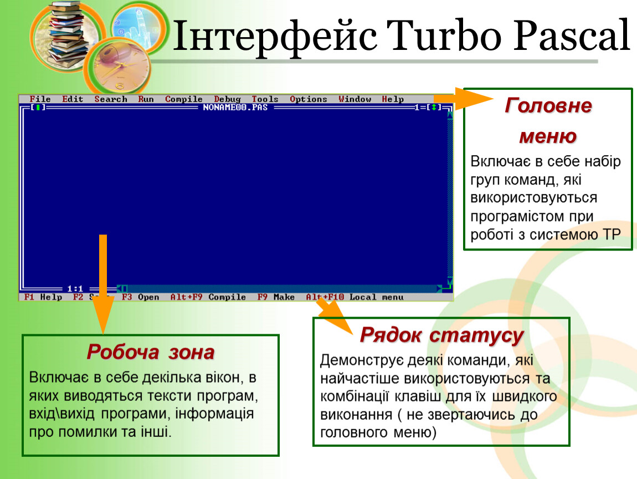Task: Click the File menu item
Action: click(40, 99)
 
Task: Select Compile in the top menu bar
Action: click(184, 99)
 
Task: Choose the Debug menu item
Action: click(227, 99)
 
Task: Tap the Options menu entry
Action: click(309, 99)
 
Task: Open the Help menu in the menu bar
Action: click(392, 99)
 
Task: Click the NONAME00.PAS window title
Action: click(235, 108)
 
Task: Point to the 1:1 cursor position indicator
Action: click(75, 289)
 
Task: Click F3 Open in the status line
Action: click(141, 297)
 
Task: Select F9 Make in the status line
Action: click(276, 297)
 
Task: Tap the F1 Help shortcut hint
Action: click(43, 297)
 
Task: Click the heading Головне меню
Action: click(548, 121)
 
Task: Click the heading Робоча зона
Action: click(150, 352)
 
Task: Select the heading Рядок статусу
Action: click(441, 335)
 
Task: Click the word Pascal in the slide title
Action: click(572, 36)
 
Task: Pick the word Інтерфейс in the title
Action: click(275, 37)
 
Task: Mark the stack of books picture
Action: click(65, 37)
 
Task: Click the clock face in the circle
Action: click(119, 67)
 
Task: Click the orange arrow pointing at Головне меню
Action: click(464, 99)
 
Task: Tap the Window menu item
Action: click(355, 99)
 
